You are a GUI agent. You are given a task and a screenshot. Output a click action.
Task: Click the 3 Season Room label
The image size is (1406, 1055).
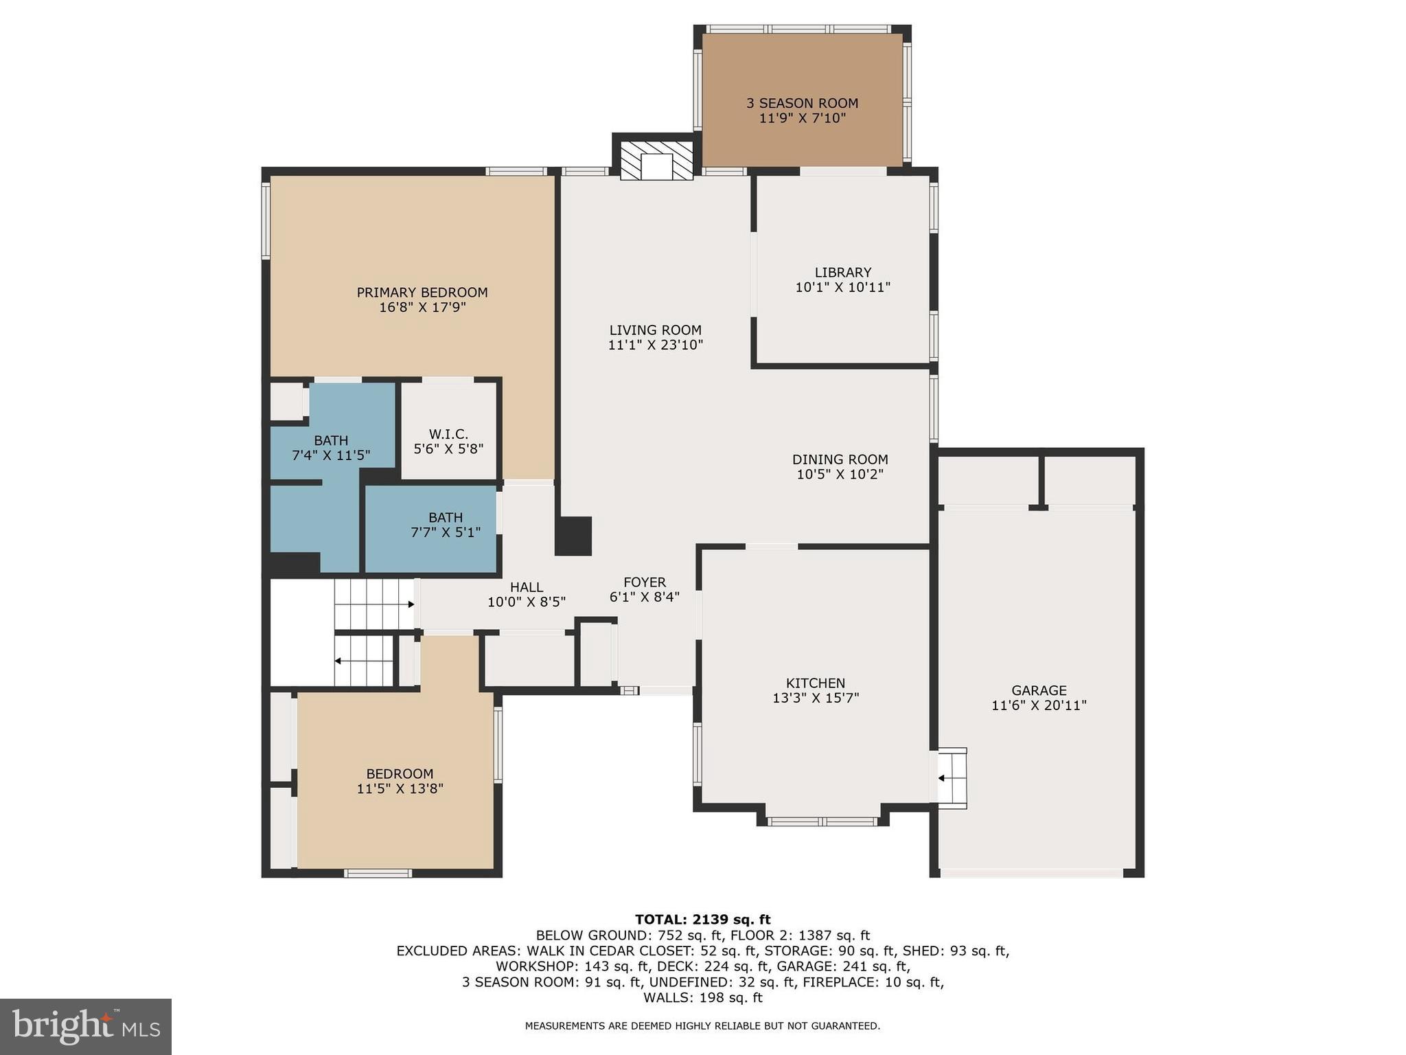click(x=802, y=103)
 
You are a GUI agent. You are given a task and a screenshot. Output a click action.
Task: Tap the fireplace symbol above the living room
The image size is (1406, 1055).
click(x=656, y=161)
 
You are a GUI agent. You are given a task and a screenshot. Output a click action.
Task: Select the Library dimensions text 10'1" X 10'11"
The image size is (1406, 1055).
click(x=842, y=288)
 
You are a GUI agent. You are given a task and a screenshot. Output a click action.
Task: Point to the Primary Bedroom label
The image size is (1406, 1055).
click(x=422, y=293)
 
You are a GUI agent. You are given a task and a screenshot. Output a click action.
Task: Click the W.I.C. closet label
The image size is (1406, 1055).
click(x=448, y=434)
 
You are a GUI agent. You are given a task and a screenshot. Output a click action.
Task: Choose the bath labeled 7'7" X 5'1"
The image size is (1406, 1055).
click(x=446, y=525)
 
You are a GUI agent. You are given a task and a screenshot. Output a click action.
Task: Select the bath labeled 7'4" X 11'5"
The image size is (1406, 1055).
click(x=331, y=447)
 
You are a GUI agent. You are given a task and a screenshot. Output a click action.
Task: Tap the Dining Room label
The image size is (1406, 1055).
click(x=840, y=460)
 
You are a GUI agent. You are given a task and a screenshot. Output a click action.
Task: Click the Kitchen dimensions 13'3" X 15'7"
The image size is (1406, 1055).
click(x=816, y=699)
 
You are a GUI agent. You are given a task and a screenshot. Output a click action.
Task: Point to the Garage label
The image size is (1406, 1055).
click(x=1039, y=690)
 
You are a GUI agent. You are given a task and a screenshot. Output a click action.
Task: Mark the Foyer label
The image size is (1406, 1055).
click(x=644, y=582)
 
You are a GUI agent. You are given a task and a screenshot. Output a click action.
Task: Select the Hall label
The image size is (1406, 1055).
click(x=527, y=587)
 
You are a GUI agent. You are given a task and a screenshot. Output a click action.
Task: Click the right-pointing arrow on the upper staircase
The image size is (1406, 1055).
click(x=410, y=604)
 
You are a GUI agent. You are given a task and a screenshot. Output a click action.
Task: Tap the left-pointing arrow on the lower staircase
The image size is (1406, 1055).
click(x=338, y=661)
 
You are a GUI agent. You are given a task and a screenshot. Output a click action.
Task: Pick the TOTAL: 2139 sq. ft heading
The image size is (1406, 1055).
click(x=702, y=919)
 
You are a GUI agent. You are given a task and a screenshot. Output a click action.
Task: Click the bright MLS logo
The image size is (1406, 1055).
click(x=85, y=1026)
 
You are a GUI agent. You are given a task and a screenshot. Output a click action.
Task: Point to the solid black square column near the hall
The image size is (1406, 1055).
click(x=573, y=536)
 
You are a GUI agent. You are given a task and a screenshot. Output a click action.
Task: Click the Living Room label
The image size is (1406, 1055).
click(x=655, y=330)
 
